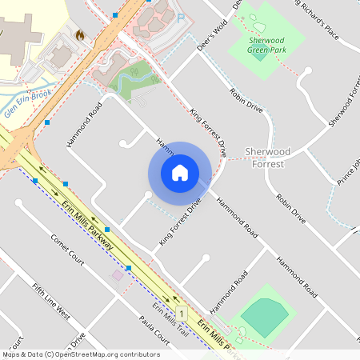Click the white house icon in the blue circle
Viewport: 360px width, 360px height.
[x=180, y=173]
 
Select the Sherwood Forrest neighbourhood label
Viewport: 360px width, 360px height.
[x=267, y=157]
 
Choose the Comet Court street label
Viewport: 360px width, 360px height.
[x=67, y=250]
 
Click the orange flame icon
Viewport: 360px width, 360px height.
[x=79, y=35]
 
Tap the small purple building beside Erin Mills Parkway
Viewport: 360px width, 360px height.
[x=118, y=275]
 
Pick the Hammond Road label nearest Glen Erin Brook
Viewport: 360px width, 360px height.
[x=85, y=125]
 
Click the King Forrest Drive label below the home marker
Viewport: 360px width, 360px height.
[x=178, y=223]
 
